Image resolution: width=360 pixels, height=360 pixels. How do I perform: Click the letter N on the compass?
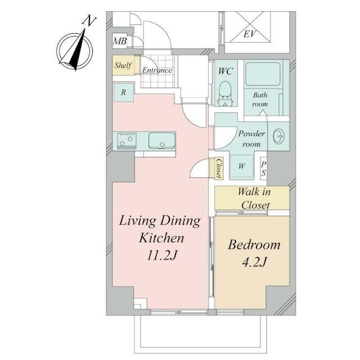pos(89,21)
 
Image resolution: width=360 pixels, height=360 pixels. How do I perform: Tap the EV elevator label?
pos(249,34)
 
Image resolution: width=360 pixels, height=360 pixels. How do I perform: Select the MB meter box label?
pos(120,41)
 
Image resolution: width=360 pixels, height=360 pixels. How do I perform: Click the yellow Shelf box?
pos(124,65)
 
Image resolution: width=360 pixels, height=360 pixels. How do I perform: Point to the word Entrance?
pos(157,70)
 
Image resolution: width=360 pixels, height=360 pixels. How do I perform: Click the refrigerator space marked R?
pos(124,92)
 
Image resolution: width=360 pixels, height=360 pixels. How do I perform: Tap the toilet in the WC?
pos(224,93)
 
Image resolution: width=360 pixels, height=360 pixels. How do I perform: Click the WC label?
pos(226,71)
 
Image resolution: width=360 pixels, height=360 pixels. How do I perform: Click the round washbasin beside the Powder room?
pos(279,136)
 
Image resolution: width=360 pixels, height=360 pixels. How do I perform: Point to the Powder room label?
pos(251,139)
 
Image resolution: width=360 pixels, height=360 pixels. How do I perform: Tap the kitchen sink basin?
pos(161,141)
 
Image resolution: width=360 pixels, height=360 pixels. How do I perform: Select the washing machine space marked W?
pos(241,166)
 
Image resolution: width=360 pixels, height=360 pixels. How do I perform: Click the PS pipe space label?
pos(264,169)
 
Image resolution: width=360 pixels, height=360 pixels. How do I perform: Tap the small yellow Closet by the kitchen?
pos(218,168)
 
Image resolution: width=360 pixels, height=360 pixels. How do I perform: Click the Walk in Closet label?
pos(254,198)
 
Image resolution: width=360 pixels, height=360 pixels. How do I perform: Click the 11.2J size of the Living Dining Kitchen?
pos(162,255)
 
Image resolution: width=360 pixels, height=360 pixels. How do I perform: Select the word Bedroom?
pos(254,245)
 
